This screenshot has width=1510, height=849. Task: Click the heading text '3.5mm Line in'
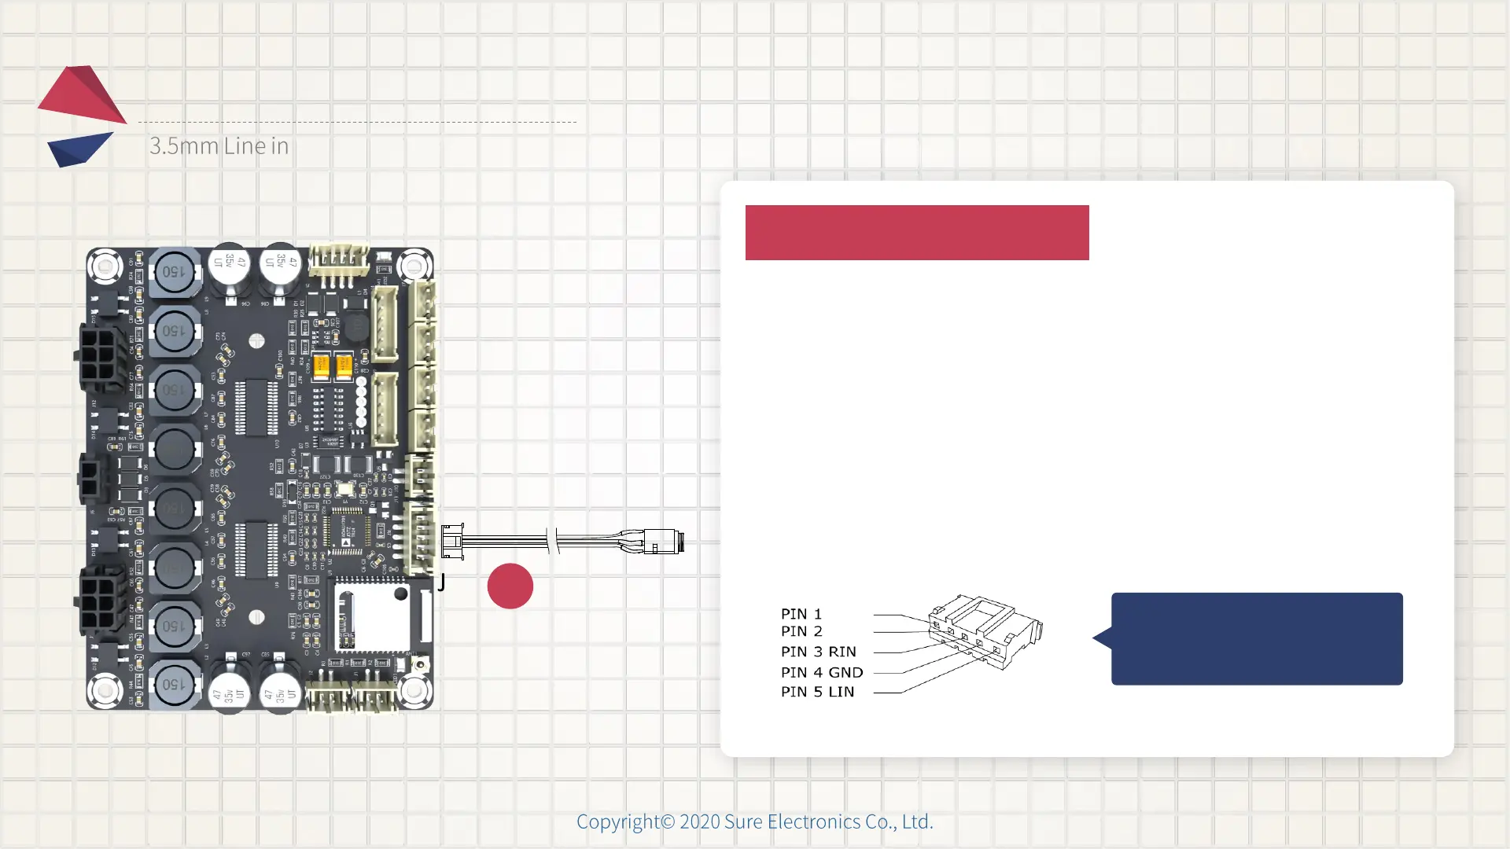219,146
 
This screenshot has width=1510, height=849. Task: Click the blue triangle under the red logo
79,149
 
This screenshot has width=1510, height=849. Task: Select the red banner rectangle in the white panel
916,233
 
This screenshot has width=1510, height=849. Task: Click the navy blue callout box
1256,638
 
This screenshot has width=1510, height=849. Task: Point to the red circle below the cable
510,586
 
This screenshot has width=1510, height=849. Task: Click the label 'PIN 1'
801,614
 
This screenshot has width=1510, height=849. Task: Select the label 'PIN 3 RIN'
818,652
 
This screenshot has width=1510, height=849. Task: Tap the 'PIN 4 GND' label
821,672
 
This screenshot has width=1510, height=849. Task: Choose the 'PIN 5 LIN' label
817,692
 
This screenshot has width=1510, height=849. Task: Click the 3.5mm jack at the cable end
664,542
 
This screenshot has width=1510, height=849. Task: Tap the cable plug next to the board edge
452,541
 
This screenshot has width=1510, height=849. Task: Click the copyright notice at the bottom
754,821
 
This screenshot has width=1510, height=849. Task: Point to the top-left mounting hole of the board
105,266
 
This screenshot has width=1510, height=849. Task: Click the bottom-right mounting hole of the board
414,691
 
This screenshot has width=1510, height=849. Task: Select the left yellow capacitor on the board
321,366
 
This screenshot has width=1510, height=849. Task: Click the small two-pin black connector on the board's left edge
90,477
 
